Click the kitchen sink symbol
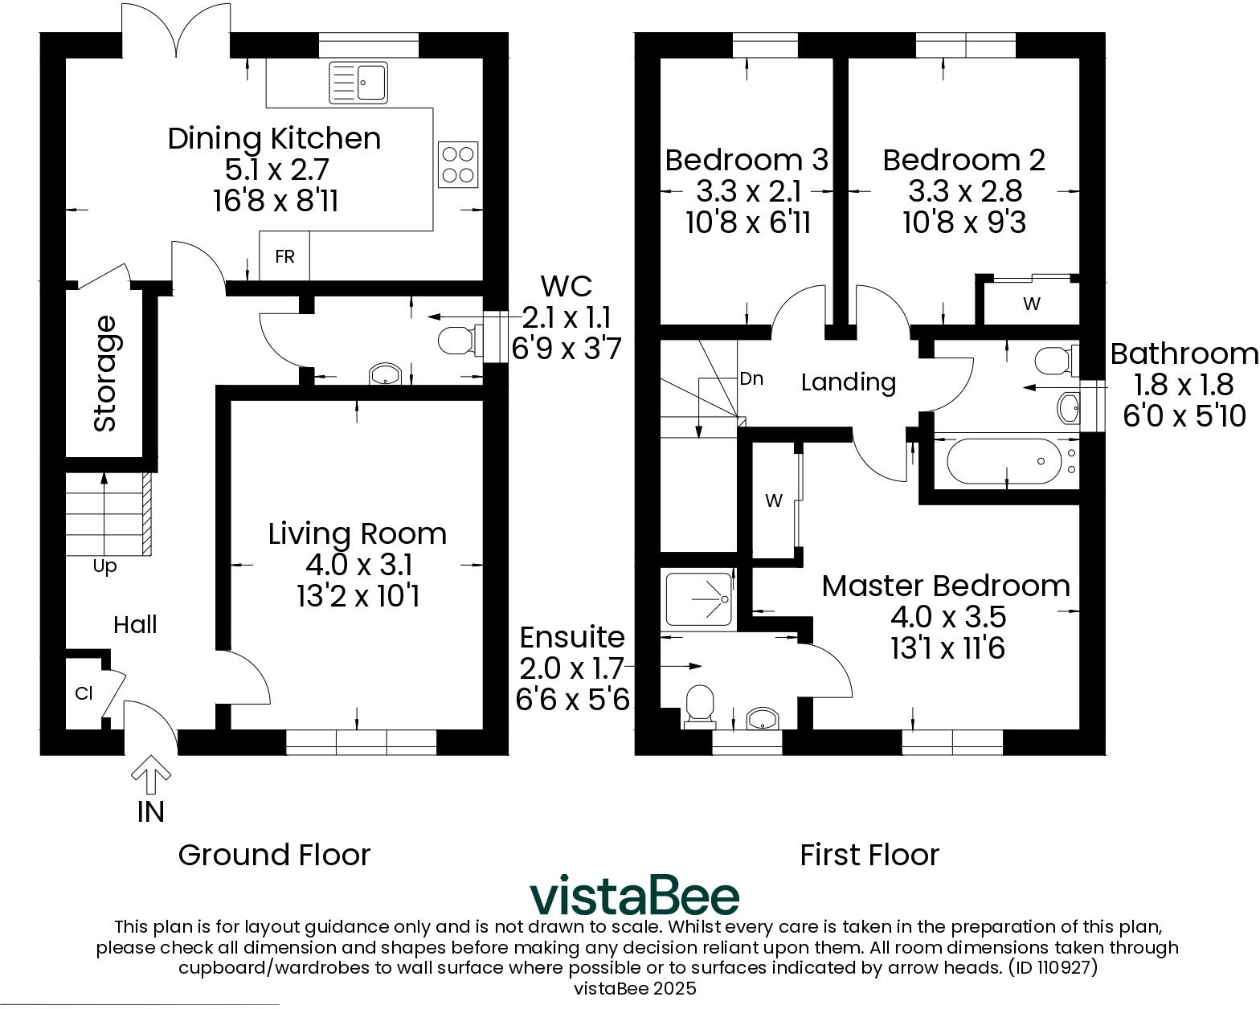358,83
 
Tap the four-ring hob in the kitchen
458,164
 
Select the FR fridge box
284,256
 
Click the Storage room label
105,374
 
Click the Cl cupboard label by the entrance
84,692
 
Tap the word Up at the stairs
104,566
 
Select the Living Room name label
357,533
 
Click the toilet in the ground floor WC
459,341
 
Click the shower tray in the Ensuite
698,598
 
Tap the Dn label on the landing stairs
751,378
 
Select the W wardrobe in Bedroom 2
1032,304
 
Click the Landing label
849,382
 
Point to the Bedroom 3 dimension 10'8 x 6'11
748,223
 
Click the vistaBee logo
633,896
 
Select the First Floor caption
869,855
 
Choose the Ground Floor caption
274,855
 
